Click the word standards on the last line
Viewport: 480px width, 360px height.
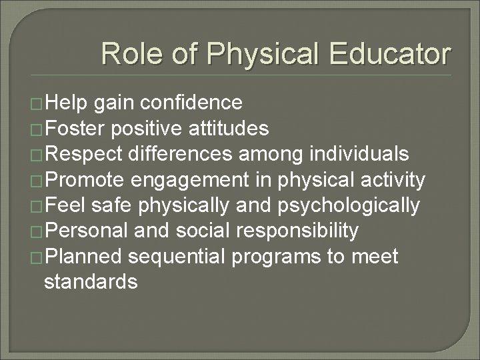point(90,282)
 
